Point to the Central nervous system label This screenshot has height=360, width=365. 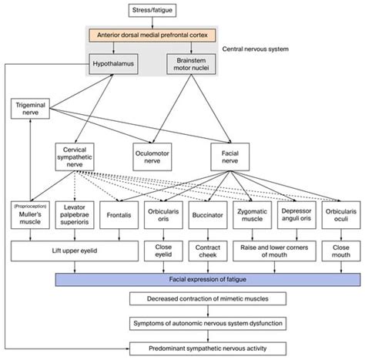point(256,49)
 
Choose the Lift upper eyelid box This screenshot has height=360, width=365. point(73,251)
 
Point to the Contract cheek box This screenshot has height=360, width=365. point(205,251)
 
